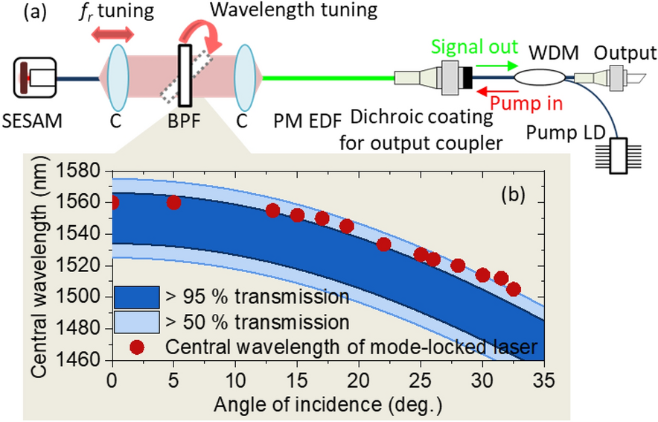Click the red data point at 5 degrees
click(x=173, y=202)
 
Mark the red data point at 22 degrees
click(x=383, y=244)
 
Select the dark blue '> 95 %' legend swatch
click(x=137, y=297)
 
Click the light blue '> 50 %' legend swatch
click(x=137, y=321)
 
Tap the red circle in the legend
click(x=136, y=346)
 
